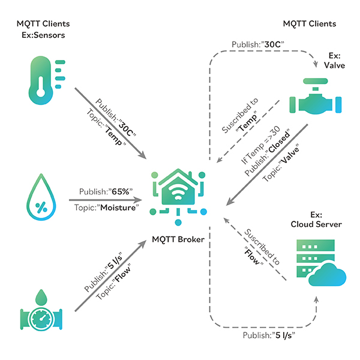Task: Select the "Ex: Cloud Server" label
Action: [x=316, y=219]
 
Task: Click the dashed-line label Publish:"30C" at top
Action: [x=257, y=45]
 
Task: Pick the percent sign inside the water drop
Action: [x=41, y=207]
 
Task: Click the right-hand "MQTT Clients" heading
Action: [x=309, y=24]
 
